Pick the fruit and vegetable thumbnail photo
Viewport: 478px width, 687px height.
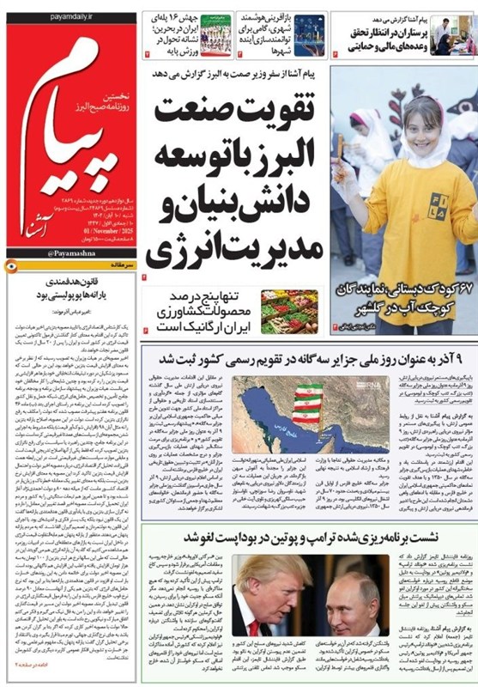point(289,312)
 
